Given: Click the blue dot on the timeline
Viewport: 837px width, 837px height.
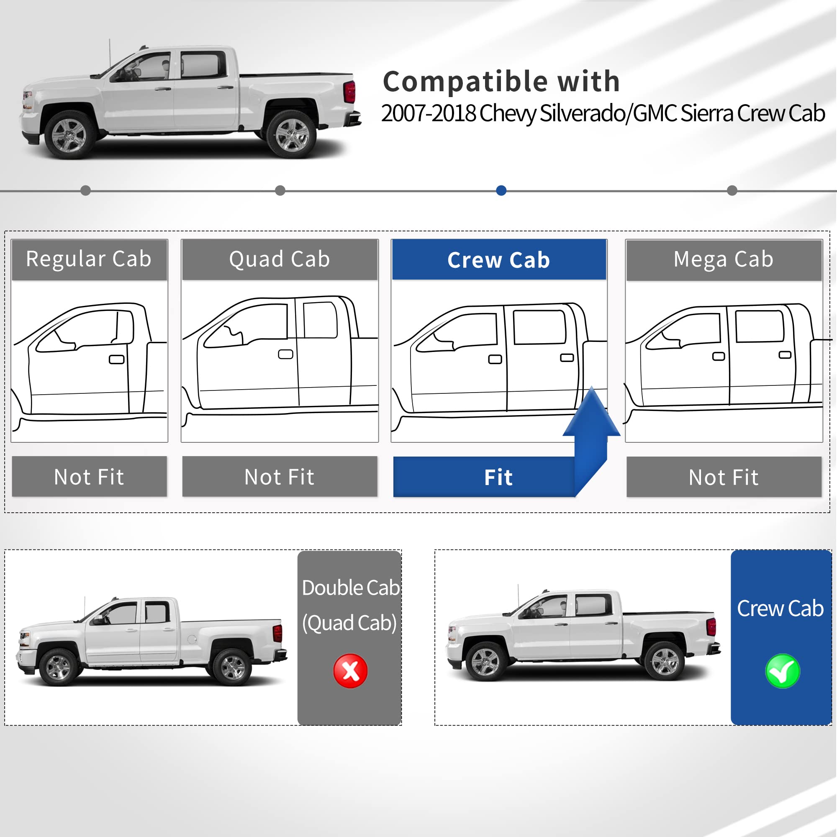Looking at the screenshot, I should [x=501, y=190].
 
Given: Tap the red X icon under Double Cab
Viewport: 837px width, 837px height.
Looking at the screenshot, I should [x=350, y=670].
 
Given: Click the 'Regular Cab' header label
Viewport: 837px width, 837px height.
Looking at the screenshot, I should [x=89, y=259].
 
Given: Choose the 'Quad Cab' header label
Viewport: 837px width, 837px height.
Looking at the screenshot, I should [x=280, y=259].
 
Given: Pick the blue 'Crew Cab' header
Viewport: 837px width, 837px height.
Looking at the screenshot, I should [x=499, y=260].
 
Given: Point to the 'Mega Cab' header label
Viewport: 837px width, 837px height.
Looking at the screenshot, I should [x=724, y=259].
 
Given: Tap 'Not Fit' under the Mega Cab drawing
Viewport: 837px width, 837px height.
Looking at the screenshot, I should [x=724, y=478].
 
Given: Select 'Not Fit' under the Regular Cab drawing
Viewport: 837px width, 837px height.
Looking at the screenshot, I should [x=89, y=477].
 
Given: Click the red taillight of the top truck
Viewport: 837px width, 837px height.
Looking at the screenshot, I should [x=349, y=92].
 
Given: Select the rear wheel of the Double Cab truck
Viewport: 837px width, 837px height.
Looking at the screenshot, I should [x=233, y=667].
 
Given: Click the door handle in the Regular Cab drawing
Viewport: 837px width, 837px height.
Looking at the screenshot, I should [x=116, y=359].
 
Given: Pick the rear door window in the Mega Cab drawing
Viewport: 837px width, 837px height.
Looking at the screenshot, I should [x=760, y=326].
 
